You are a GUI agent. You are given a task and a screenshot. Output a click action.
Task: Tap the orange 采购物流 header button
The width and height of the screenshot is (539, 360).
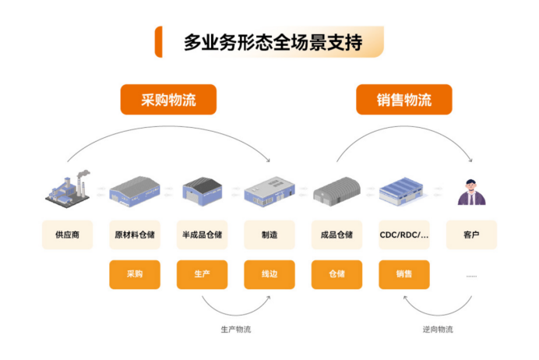168,100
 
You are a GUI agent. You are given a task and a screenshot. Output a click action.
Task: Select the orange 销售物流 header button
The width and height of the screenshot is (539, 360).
404,100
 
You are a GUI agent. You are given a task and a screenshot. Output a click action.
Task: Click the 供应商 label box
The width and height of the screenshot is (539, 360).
68,235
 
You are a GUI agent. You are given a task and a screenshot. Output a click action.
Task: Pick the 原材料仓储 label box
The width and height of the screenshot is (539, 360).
135,235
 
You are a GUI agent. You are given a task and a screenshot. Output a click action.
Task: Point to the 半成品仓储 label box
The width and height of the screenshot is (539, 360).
203,235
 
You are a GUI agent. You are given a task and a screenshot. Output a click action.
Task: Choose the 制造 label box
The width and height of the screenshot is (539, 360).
269,235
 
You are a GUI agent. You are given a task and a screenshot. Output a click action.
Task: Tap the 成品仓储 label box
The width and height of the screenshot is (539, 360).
336,235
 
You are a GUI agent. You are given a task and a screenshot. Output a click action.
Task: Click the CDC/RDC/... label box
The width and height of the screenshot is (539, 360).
404,235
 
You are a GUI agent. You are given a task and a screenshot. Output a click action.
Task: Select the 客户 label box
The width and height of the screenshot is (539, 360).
471,235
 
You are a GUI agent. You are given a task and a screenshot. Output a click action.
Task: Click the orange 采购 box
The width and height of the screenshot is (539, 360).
135,274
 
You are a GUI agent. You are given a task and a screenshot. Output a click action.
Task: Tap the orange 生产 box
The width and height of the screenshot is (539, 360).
203,274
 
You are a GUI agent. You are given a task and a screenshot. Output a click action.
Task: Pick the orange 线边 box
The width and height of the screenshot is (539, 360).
269,274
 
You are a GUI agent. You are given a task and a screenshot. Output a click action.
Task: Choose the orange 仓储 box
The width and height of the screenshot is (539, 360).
336,274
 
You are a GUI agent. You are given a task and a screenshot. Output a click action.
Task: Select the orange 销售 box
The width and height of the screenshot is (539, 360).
404,274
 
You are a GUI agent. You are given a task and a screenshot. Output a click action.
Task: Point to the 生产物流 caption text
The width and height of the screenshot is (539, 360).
235,330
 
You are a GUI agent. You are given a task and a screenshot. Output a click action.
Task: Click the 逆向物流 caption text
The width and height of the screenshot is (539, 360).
438,330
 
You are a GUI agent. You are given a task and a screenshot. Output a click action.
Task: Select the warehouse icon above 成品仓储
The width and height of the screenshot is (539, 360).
336,190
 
